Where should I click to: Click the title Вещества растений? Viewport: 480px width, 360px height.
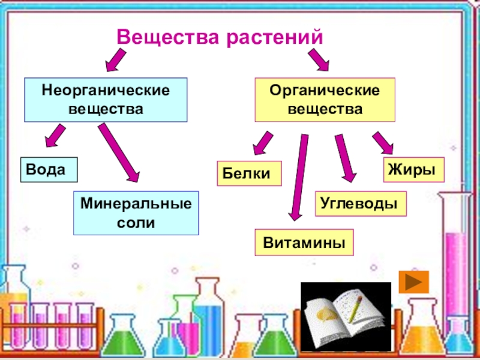(220, 37)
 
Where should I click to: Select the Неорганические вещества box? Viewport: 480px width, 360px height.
(106, 100)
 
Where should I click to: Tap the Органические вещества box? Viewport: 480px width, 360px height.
(325, 100)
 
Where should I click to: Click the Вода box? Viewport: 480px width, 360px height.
(49, 170)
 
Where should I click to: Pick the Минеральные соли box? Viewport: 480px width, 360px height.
(136, 213)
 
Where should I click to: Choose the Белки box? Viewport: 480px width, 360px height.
(249, 173)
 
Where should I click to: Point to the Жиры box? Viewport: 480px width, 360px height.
(413, 170)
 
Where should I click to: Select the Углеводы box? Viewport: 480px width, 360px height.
(361, 203)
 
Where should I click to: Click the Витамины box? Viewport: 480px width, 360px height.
(304, 242)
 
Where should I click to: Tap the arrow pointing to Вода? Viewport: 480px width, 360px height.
(55, 136)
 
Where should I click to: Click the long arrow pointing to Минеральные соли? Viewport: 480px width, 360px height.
(119, 153)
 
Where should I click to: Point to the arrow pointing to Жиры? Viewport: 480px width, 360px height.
(383, 143)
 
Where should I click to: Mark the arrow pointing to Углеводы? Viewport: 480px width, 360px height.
(346, 158)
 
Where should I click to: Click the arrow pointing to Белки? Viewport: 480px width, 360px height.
(263, 143)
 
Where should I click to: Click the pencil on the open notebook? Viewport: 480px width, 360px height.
(355, 309)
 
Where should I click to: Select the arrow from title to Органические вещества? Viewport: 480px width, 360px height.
(319, 59)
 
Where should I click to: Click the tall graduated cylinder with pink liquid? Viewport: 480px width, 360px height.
(456, 269)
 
